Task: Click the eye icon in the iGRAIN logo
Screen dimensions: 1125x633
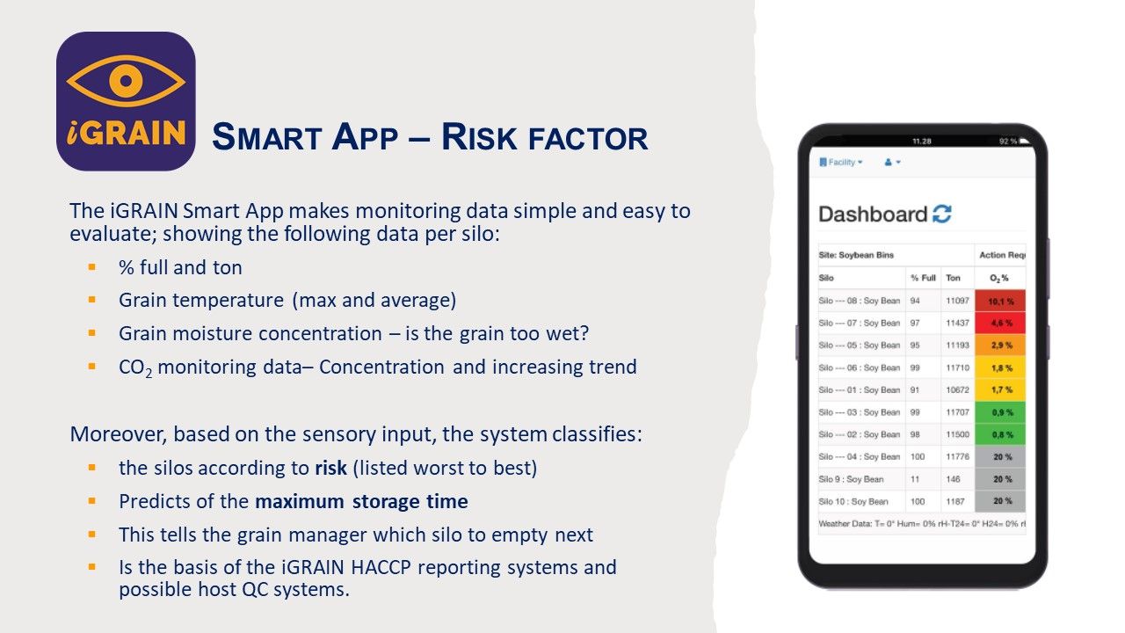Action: click(x=126, y=81)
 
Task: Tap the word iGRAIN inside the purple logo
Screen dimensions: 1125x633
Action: click(x=126, y=133)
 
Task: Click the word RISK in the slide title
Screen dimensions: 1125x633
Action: click(x=479, y=136)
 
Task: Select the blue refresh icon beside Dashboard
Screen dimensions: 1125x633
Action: click(x=941, y=214)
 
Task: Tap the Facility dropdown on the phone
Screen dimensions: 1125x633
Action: click(x=841, y=163)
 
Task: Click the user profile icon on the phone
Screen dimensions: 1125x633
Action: click(x=892, y=163)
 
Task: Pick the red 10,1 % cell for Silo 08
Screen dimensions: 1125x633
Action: click(x=1000, y=301)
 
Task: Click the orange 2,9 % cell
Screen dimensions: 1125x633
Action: click(x=1000, y=346)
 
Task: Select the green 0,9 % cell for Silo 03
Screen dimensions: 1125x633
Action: click(x=1000, y=412)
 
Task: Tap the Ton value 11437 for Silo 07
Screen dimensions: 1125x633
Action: click(x=957, y=323)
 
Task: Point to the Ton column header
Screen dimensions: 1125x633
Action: click(x=953, y=278)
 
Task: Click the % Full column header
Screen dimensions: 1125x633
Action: click(x=923, y=278)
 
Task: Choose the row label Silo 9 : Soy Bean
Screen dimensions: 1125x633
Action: click(x=851, y=479)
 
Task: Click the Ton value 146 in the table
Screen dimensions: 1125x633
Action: click(x=953, y=479)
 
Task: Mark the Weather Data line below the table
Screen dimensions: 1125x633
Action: click(x=922, y=523)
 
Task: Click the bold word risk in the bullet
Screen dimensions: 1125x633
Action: click(x=330, y=468)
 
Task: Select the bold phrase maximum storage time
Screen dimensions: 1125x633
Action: click(x=361, y=501)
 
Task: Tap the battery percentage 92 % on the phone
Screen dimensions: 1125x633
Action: click(x=1007, y=142)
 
